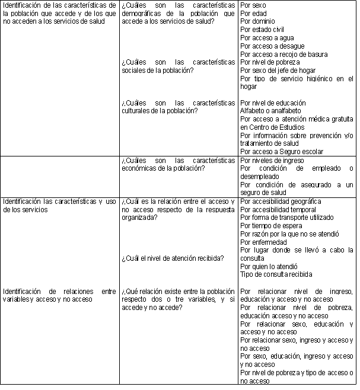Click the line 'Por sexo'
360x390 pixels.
[253, 5]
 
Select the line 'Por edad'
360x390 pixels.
[254, 14]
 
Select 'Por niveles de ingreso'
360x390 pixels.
[272, 160]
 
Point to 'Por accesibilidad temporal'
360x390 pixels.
[279, 210]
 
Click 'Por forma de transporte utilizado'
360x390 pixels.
[286, 218]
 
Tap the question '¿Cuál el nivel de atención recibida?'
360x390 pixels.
[172, 258]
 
